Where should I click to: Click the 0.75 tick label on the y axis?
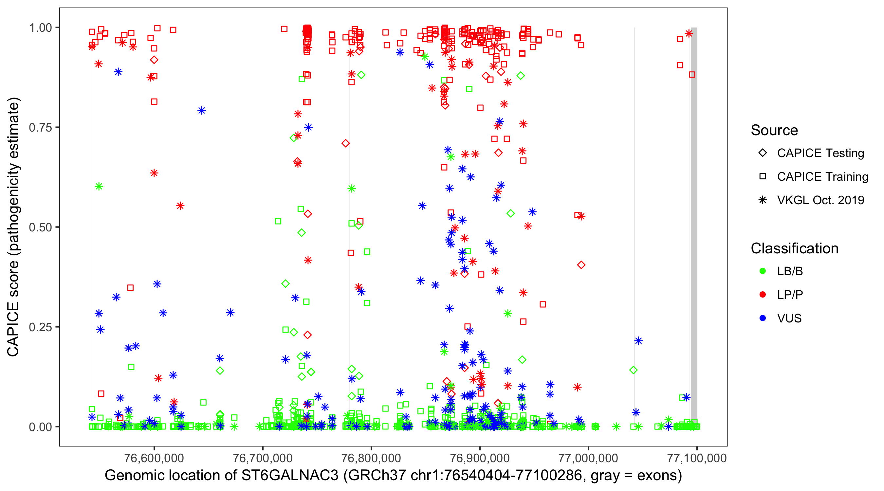click(40, 128)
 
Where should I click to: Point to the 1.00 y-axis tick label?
click(40, 28)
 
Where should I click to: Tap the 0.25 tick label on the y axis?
click(40, 327)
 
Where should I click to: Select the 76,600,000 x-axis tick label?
click(154, 458)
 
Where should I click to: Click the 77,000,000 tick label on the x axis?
click(588, 458)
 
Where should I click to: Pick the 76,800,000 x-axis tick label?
click(371, 458)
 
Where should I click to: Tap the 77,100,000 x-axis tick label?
click(697, 458)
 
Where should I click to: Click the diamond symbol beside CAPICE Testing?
click(763, 153)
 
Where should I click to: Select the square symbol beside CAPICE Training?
click(763, 177)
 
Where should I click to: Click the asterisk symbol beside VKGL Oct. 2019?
click(763, 200)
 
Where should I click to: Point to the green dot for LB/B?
click(763, 271)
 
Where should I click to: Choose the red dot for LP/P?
click(763, 295)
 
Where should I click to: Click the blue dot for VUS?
click(763, 318)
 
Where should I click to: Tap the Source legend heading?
click(774, 130)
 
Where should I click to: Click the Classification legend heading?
click(794, 248)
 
